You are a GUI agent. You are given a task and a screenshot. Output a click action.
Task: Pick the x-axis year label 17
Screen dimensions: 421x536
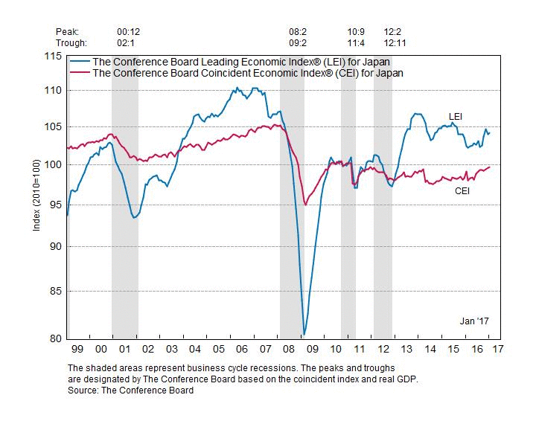(x=497, y=349)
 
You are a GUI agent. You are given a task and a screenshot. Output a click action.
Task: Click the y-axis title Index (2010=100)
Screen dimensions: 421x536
(x=36, y=197)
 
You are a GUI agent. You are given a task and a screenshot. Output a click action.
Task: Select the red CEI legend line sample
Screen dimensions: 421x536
(x=78, y=72)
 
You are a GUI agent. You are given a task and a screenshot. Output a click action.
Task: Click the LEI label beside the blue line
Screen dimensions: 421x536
(x=456, y=116)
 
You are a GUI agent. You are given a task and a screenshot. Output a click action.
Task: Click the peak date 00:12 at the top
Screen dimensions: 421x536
(x=129, y=32)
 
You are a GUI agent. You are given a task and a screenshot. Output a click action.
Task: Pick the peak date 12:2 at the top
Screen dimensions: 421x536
(x=392, y=32)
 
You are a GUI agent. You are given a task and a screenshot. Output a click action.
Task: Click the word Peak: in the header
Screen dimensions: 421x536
(x=68, y=32)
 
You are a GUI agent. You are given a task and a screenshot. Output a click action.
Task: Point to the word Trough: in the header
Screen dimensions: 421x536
(x=72, y=42)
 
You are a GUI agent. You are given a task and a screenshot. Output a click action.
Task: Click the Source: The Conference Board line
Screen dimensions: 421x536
(x=130, y=391)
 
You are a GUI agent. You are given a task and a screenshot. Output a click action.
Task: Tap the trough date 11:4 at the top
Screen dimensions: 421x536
(x=356, y=42)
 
